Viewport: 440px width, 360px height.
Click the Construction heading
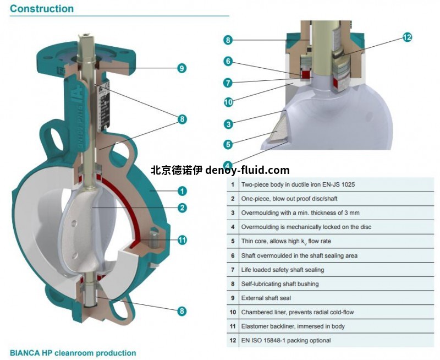42,9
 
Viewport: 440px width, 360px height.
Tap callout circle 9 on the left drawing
181,68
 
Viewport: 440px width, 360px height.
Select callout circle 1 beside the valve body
182,191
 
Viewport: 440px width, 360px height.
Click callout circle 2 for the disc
182,208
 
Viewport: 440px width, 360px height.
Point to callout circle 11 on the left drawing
182,240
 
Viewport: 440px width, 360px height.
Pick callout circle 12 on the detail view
407,37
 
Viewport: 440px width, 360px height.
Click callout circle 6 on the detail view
228,61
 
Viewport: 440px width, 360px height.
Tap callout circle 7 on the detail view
228,83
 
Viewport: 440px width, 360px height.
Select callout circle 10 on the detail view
228,102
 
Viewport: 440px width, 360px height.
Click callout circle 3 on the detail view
228,124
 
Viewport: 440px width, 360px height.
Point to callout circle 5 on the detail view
228,144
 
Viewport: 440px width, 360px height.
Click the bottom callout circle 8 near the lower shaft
182,311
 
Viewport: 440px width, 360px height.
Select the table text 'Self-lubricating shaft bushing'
280,283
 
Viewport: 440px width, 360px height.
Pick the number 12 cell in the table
233,341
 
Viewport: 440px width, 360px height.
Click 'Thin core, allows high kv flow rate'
286,241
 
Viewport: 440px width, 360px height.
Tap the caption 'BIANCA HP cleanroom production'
73,353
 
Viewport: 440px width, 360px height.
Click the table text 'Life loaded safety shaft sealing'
283,270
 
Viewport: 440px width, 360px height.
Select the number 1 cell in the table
233,184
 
